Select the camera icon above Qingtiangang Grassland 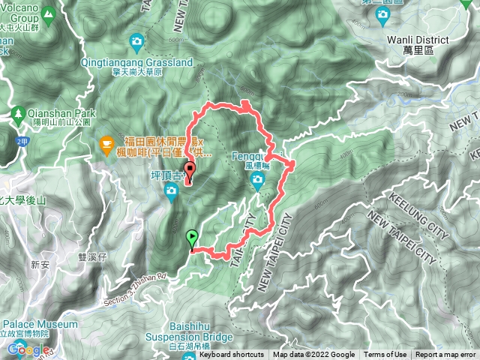point(136,40)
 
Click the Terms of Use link point(385,355)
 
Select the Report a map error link point(447,355)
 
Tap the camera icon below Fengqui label point(257,178)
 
